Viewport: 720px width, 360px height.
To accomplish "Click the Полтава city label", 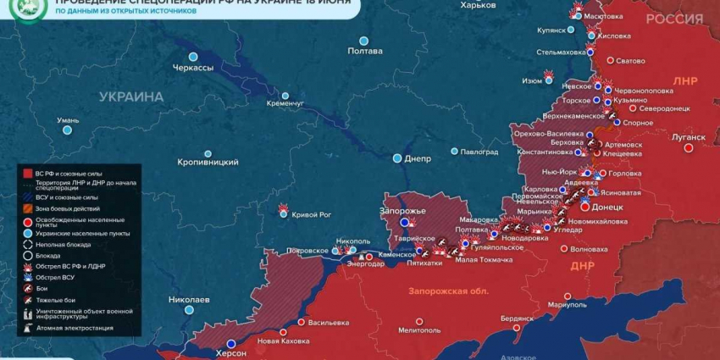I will [x=365, y=52].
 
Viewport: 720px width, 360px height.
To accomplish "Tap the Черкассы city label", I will [x=193, y=68].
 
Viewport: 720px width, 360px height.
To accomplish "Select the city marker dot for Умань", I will [x=67, y=130].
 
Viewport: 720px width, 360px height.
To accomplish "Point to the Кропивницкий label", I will [x=208, y=161].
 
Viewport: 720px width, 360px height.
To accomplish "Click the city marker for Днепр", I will [x=397, y=158].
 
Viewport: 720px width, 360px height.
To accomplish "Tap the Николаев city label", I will [x=189, y=300].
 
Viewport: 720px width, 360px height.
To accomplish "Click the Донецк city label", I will [x=607, y=207].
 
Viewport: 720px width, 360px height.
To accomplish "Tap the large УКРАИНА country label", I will [x=130, y=97].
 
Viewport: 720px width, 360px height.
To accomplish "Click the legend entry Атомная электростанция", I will [x=75, y=328].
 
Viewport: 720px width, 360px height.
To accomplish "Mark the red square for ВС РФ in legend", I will [x=28, y=173].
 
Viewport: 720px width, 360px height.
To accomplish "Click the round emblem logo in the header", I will [x=27, y=11].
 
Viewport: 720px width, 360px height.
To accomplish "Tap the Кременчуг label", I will [x=285, y=103].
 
